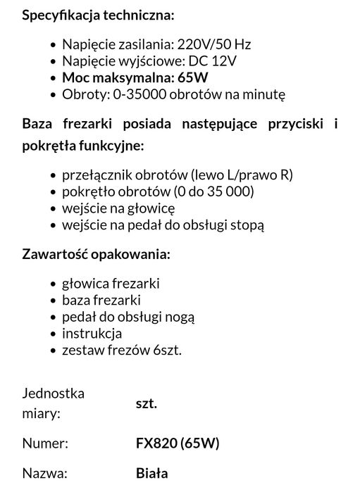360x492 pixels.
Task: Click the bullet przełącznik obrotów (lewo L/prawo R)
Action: pos(177,175)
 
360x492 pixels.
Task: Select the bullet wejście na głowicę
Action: pos(118,208)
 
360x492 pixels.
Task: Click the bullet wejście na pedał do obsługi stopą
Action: pos(163,225)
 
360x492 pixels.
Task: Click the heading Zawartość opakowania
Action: pos(96,253)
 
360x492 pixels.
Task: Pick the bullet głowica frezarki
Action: pos(111,283)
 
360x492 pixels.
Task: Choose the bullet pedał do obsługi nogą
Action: pos(128,317)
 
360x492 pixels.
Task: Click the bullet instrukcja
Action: pos(92,334)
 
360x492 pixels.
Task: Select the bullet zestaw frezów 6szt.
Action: pos(121,351)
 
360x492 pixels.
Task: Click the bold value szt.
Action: pos(146,403)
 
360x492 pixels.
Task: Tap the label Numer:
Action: pos(46,443)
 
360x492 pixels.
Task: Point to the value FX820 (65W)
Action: pos(178,443)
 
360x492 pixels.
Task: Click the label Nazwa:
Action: pos(45,474)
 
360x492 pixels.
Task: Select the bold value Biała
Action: pos(151,474)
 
